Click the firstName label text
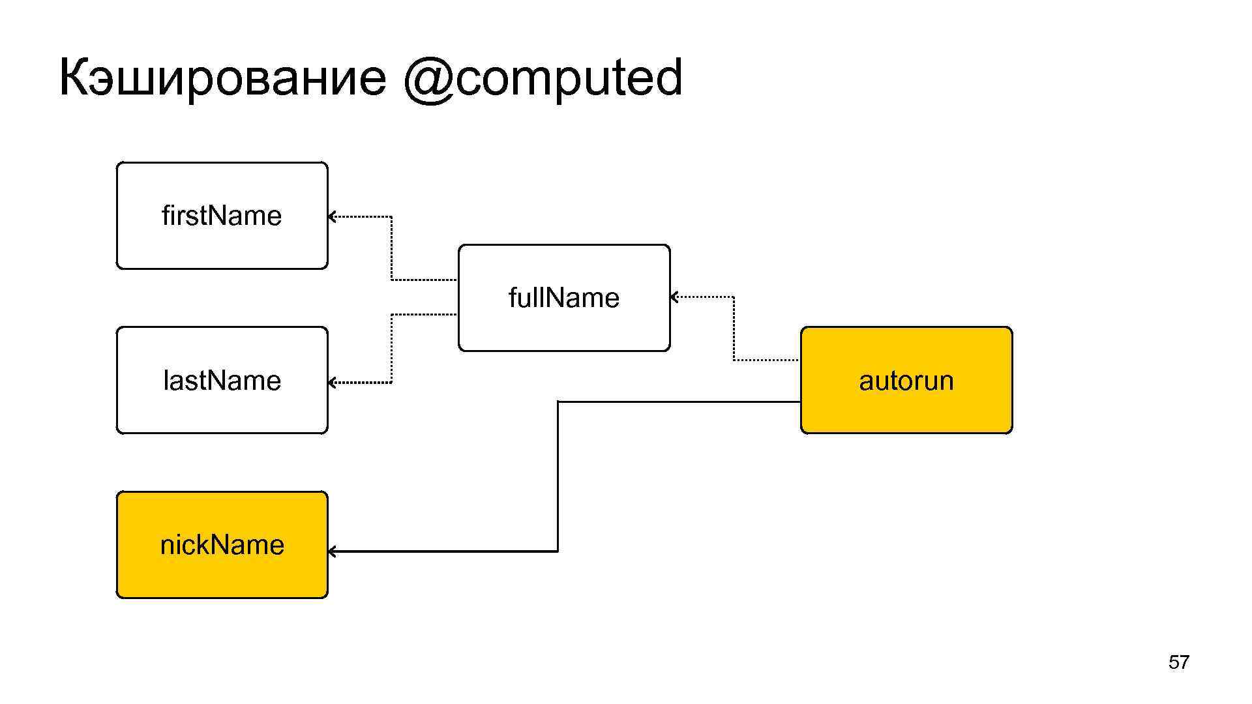point(222,216)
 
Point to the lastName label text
point(222,381)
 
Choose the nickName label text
point(222,545)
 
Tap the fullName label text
point(564,298)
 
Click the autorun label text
point(906,381)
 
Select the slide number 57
point(1178,662)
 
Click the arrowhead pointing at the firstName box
point(332,216)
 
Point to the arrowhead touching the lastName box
point(332,383)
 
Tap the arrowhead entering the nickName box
point(332,551)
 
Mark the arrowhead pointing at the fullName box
point(674,297)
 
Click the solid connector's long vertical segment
point(558,476)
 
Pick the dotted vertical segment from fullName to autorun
point(734,329)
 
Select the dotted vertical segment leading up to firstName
point(391,248)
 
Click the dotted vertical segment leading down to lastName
point(391,348)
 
